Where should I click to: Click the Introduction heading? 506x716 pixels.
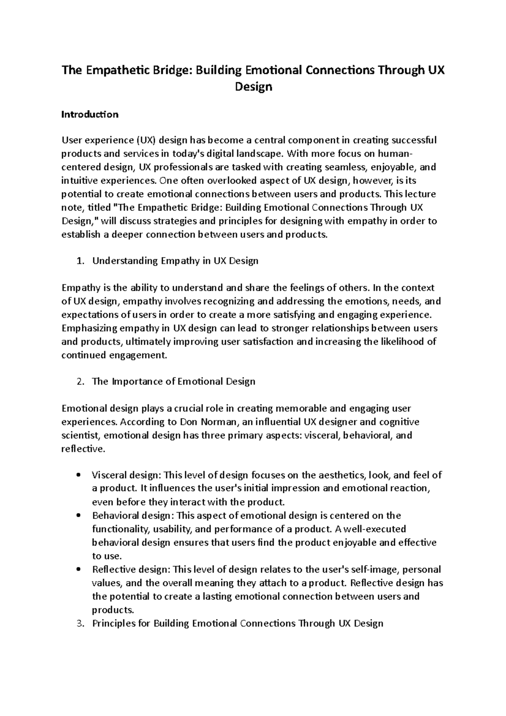pos(90,114)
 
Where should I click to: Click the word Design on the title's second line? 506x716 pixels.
pos(253,87)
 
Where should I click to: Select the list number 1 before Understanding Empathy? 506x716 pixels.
pos(80,261)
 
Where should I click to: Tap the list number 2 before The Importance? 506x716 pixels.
pos(80,382)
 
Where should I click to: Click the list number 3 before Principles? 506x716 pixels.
pos(80,624)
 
